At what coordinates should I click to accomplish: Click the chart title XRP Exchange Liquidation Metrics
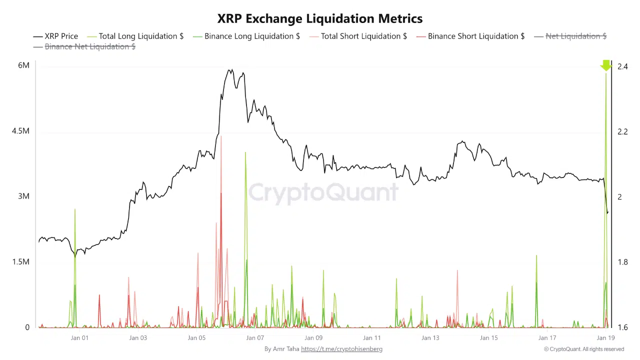(x=320, y=18)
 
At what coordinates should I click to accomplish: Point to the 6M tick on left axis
(x=23, y=65)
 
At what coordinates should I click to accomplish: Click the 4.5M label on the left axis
(x=20, y=131)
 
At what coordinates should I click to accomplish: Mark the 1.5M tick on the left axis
(x=20, y=262)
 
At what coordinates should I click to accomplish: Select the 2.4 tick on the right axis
(x=622, y=66)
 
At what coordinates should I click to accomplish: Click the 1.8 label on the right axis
(x=622, y=262)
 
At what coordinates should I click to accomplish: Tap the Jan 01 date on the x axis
(x=79, y=338)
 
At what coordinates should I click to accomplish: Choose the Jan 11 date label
(x=372, y=338)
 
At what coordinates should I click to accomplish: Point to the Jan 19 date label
(x=605, y=338)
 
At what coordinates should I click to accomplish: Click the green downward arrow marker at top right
(x=606, y=65)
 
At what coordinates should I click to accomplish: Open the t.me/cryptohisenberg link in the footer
(x=341, y=349)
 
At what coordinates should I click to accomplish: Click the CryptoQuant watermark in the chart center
(x=323, y=192)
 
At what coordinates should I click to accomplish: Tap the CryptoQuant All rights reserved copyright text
(x=584, y=349)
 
